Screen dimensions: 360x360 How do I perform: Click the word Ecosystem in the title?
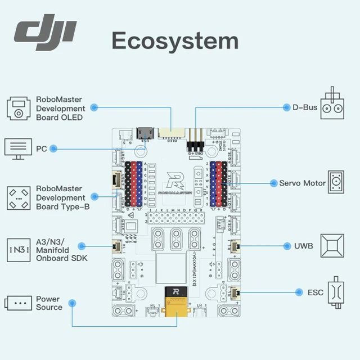(x=175, y=40)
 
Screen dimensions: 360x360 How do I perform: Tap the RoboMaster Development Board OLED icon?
(x=19, y=108)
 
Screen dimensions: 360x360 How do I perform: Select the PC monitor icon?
(x=17, y=148)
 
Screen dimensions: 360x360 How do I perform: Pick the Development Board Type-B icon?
(x=19, y=197)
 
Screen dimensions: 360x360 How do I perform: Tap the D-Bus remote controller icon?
(x=335, y=105)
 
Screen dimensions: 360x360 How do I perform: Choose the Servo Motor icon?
(x=336, y=182)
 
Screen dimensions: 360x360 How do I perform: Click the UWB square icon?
(x=332, y=246)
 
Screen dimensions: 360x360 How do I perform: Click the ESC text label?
(x=316, y=292)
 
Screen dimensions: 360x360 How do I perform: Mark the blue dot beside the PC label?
(x=53, y=148)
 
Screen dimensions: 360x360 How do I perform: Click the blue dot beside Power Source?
(x=72, y=303)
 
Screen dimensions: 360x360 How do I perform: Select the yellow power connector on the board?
(x=175, y=303)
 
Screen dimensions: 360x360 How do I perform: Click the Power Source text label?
(x=49, y=303)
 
